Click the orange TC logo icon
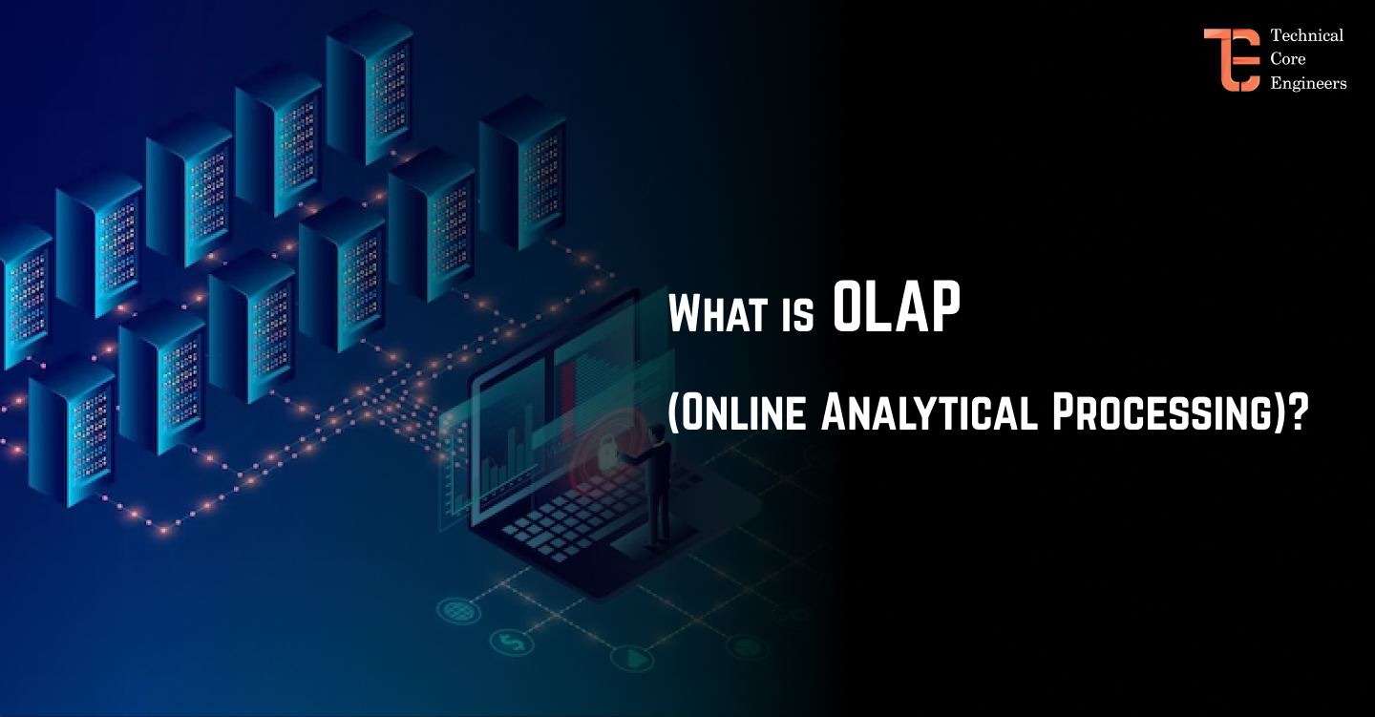pyautogui.click(x=1231, y=59)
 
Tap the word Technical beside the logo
pyautogui.click(x=1306, y=35)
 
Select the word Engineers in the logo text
pyautogui.click(x=1308, y=83)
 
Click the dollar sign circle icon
pyautogui.click(x=512, y=641)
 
